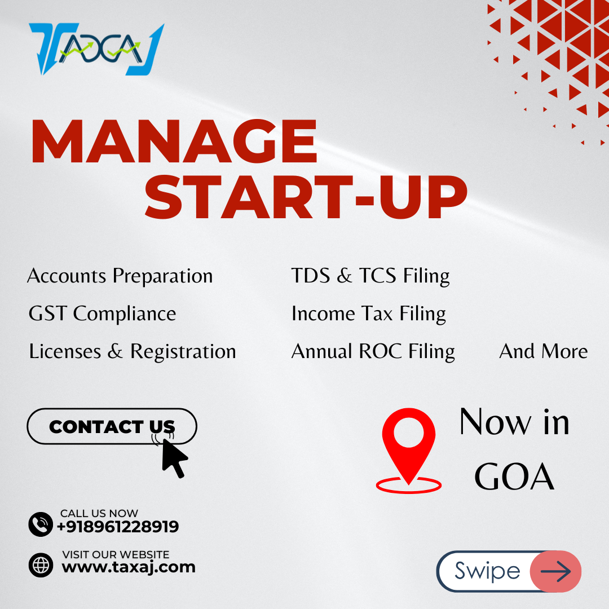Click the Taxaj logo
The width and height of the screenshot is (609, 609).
[97, 49]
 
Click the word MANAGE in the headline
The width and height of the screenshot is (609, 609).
[174, 142]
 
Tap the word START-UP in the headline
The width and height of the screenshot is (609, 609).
[306, 197]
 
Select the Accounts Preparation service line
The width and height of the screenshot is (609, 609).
[120, 276]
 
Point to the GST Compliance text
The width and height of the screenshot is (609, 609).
[102, 314]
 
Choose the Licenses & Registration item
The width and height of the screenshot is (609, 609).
[133, 351]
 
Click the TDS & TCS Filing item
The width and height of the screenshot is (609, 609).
[370, 276]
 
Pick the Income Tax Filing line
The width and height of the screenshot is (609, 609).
[369, 314]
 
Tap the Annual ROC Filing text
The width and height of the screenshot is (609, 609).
[373, 351]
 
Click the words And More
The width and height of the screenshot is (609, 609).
[543, 351]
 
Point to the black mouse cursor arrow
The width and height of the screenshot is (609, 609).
[174, 458]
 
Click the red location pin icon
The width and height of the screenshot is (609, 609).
[409, 451]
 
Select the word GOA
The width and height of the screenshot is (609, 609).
[514, 477]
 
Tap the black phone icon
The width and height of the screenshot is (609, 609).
[41, 524]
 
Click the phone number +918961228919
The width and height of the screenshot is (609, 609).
[118, 527]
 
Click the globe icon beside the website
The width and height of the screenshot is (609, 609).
[41, 565]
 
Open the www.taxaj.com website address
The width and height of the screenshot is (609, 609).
[129, 567]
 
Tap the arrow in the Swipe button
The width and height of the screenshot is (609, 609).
[556, 571]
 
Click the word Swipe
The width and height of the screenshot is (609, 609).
[487, 571]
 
